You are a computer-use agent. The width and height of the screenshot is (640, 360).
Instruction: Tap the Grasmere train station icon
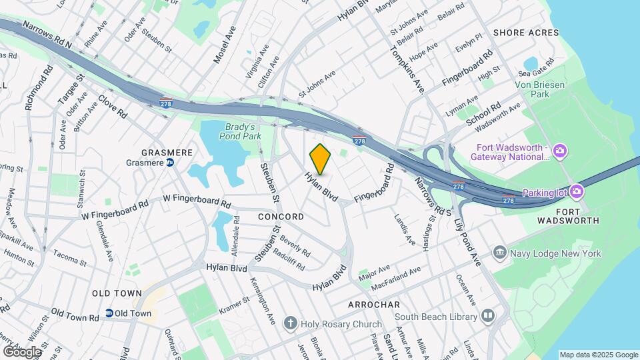pos(170,162)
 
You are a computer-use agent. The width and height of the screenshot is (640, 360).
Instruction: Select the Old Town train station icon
pos(108,313)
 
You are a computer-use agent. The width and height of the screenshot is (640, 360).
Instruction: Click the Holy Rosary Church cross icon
pos(290,324)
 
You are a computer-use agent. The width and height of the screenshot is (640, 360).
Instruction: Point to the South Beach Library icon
pos(489,316)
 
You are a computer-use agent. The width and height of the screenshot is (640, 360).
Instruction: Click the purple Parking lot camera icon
pos(577,193)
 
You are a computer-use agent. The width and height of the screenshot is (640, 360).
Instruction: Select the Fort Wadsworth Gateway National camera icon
pos(560,151)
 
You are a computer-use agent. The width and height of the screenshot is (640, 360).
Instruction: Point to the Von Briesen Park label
pos(540,90)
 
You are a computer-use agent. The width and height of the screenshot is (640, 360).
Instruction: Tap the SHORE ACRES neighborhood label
pos(525,32)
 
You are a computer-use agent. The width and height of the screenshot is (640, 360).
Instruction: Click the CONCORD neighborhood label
pos(281,217)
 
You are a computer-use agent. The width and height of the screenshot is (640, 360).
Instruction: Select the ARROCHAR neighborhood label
pos(373,304)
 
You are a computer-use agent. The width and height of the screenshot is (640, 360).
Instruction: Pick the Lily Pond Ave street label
pos(467,241)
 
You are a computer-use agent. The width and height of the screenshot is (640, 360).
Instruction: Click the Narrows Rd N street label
pos(47,34)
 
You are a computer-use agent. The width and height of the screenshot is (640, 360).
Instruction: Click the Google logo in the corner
pos(22,351)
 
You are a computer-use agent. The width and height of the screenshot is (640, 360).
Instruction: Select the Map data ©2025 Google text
pos(599,355)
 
